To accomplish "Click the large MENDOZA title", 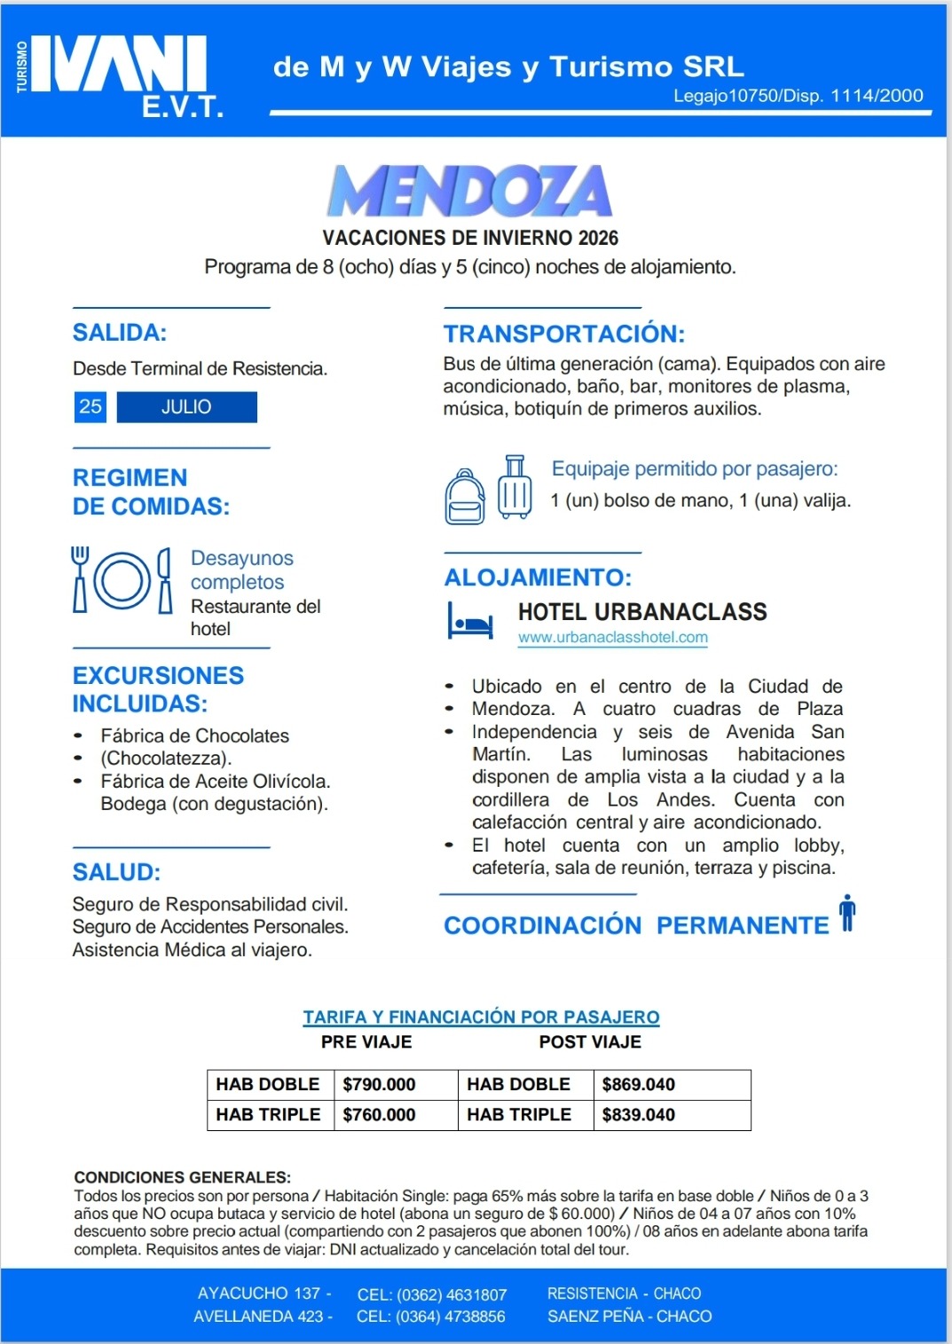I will pyautogui.click(x=469, y=192).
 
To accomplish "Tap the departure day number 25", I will pyautogui.click(x=90, y=407).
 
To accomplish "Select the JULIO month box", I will pyautogui.click(x=186, y=407).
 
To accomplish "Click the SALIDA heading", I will pyautogui.click(x=120, y=333).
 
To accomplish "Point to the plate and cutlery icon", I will pyautogui.click(x=122, y=580).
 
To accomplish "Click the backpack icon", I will pyautogui.click(x=465, y=497).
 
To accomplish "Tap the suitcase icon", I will pyautogui.click(x=515, y=487).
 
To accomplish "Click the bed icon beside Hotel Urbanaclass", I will pyautogui.click(x=470, y=622).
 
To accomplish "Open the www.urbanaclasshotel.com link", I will pyautogui.click(x=613, y=637).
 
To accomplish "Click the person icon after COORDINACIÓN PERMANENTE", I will pyautogui.click(x=847, y=914).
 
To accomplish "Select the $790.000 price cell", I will pyautogui.click(x=379, y=1085).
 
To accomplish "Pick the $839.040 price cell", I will pyautogui.click(x=639, y=1115).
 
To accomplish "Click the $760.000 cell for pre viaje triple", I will pyautogui.click(x=379, y=1115).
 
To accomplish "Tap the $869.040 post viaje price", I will pyautogui.click(x=639, y=1085).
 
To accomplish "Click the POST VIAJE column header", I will pyautogui.click(x=590, y=1042).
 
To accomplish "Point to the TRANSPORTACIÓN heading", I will pyautogui.click(x=564, y=334).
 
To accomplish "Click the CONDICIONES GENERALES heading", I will pyautogui.click(x=182, y=1177).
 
